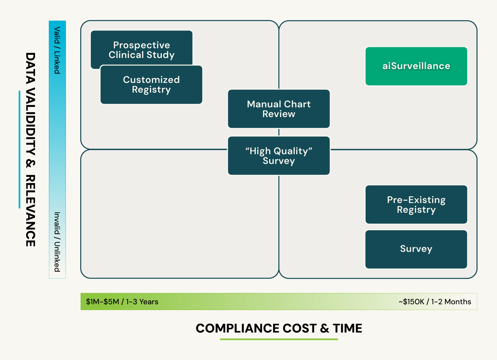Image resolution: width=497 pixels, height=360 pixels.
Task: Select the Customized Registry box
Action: [x=151, y=85]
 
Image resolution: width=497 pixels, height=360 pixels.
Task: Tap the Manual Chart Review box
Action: [x=279, y=109]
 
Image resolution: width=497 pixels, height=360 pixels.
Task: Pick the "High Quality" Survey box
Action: [x=279, y=156]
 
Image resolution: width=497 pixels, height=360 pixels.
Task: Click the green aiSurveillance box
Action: [x=416, y=66]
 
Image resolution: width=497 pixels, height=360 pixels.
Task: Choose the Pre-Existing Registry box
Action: [x=416, y=204]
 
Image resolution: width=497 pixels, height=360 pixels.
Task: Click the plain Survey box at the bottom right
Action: [x=416, y=249]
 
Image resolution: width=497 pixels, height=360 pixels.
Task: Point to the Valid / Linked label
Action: [x=57, y=50]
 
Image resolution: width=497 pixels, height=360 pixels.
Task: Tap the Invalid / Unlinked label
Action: [x=57, y=242]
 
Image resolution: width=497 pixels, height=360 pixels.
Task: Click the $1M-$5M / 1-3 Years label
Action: [x=122, y=302]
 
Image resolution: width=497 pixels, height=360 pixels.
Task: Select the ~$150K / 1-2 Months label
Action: [x=435, y=302]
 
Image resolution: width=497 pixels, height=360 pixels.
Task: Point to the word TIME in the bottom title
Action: [x=347, y=328]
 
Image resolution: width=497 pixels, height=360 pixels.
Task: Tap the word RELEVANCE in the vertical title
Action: [x=30, y=211]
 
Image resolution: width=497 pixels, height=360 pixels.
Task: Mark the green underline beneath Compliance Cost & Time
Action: [x=279, y=339]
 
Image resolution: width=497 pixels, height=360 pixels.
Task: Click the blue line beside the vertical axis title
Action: [x=19, y=149]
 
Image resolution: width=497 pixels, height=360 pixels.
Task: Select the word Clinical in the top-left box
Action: [x=126, y=55]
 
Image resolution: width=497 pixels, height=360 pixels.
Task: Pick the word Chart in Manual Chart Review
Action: [x=297, y=104]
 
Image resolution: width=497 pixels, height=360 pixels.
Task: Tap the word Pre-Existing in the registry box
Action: [x=416, y=200]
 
